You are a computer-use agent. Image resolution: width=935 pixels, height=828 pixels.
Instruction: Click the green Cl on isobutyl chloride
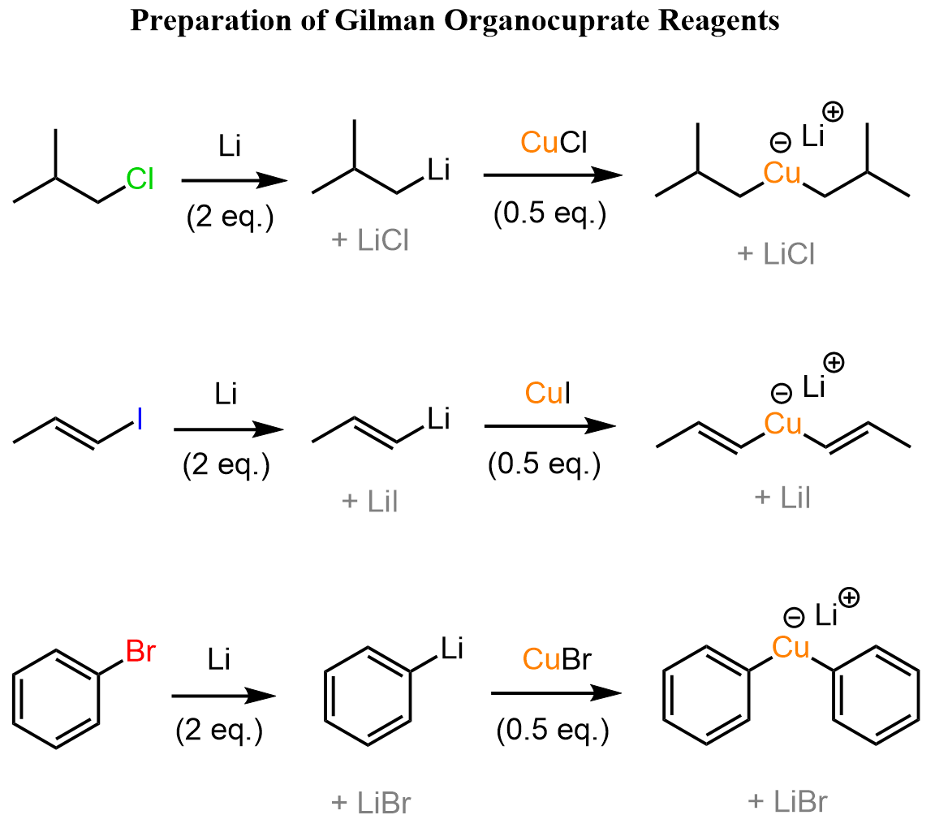pyautogui.click(x=139, y=179)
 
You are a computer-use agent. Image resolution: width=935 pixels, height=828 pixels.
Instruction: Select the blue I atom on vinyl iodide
pyautogui.click(x=140, y=419)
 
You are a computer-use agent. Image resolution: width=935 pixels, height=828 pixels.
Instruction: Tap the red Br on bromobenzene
pyautogui.click(x=140, y=652)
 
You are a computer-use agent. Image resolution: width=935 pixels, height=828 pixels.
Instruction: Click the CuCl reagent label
pyautogui.click(x=554, y=143)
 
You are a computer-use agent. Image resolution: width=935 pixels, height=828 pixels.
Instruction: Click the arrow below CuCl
pyautogui.click(x=553, y=175)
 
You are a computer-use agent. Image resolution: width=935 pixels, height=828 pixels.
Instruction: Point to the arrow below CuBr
pyautogui.click(x=556, y=692)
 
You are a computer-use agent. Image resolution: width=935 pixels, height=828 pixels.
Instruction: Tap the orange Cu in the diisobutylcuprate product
pyautogui.click(x=782, y=173)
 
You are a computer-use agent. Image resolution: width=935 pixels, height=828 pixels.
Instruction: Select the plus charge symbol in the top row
pyautogui.click(x=832, y=111)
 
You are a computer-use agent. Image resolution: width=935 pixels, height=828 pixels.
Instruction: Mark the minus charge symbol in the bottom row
pyautogui.click(x=794, y=618)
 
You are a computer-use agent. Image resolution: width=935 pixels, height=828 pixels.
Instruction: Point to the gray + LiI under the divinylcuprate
pyautogui.click(x=782, y=498)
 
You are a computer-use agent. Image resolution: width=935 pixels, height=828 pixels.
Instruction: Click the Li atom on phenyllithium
pyautogui.click(x=452, y=647)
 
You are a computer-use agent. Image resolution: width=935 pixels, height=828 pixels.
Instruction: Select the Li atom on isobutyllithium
pyautogui.click(x=437, y=170)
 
